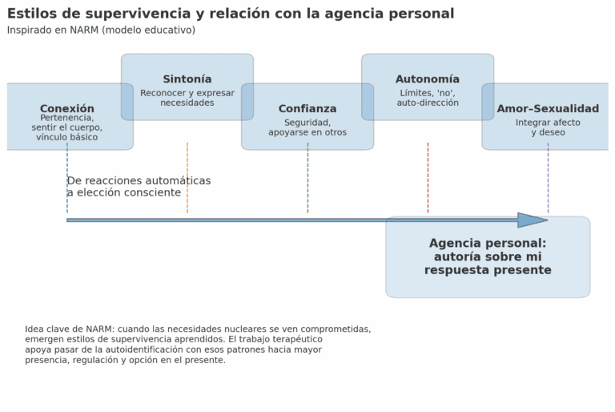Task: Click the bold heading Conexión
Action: click(67, 108)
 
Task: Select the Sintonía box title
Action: click(187, 79)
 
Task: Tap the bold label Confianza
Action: click(307, 108)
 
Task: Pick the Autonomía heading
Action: click(428, 79)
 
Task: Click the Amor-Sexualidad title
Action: click(548, 108)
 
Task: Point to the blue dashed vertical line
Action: click(67, 178)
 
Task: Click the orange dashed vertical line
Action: click(187, 178)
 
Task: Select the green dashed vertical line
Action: click(307, 178)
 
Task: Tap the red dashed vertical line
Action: click(428, 178)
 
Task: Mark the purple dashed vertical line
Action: click(549, 178)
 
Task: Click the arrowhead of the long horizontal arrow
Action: click(548, 220)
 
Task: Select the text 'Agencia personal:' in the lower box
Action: click(488, 243)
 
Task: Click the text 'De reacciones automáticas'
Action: click(139, 180)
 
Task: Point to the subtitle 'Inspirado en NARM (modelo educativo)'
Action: click(101, 30)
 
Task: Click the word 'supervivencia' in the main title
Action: click(139, 14)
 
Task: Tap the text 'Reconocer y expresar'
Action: click(187, 93)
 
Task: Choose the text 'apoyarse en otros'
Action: click(307, 132)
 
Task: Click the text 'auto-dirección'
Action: click(428, 103)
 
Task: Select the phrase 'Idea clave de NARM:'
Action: click(70, 329)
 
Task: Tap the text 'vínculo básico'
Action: click(67, 137)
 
